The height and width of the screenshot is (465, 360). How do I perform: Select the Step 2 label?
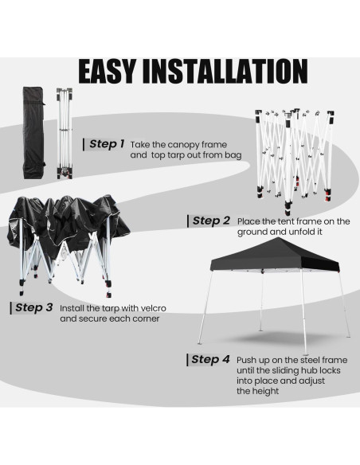pyautogui.click(x=210, y=221)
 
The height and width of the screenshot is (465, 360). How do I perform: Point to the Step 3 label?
pyautogui.click(x=33, y=307)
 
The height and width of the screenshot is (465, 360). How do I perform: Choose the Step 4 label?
pyautogui.click(x=210, y=359)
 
